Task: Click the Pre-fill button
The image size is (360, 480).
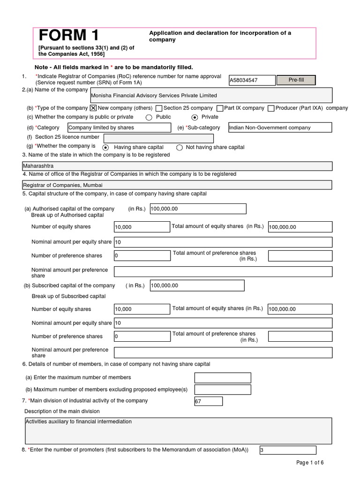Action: pyautogui.click(x=296, y=80)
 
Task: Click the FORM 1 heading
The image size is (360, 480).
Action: pyautogui.click(x=68, y=36)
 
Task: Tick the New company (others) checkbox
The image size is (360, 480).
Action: pyautogui.click(x=93, y=108)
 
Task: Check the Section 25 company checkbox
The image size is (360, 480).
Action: pyautogui.click(x=159, y=108)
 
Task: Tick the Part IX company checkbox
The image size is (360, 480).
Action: pyautogui.click(x=219, y=108)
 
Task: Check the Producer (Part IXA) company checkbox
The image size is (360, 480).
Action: pyautogui.click(x=271, y=108)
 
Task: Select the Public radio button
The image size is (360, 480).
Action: pyautogui.click(x=149, y=117)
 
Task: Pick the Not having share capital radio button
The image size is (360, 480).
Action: pyautogui.click(x=179, y=148)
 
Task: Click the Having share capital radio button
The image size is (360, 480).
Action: pyautogui.click(x=105, y=148)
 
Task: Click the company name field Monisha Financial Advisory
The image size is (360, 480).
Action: pyautogui.click(x=211, y=95)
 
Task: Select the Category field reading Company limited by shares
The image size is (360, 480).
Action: pyautogui.click(x=119, y=127)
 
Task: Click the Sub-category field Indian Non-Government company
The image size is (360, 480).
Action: pyautogui.click(x=279, y=127)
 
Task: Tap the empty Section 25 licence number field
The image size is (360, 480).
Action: pyautogui.click(x=158, y=138)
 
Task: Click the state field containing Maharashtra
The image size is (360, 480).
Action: pyautogui.click(x=177, y=166)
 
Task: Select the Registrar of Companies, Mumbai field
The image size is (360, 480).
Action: pyautogui.click(x=177, y=185)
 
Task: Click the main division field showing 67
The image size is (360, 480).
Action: pyautogui.click(x=208, y=401)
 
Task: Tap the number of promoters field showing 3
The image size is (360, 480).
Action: pyautogui.click(x=287, y=450)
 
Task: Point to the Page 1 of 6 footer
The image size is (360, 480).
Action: pyautogui.click(x=310, y=463)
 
